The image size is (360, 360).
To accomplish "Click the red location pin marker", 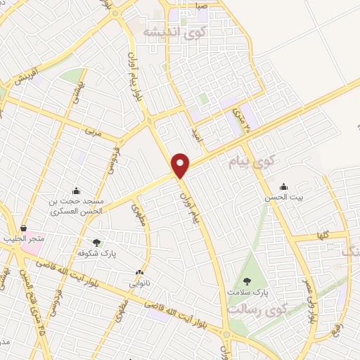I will (181, 165).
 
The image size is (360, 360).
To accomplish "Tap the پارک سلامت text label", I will (248, 290).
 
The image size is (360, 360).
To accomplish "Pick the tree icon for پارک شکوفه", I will (96, 241).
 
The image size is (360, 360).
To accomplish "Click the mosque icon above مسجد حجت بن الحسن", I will (76, 191).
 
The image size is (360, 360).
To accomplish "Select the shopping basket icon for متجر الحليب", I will (25, 229).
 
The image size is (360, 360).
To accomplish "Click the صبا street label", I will (201, 5).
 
